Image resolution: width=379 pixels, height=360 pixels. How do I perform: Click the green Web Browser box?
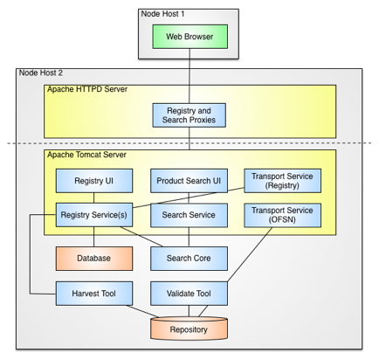(189, 36)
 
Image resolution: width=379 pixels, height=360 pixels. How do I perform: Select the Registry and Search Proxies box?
(189, 114)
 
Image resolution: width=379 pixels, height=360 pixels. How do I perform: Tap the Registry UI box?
(94, 181)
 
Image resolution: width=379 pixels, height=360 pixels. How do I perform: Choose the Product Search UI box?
(189, 181)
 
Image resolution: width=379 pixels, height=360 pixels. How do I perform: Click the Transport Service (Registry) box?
(281, 181)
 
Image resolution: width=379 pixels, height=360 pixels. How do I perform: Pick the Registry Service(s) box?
(94, 215)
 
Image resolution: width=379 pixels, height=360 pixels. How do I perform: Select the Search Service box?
(189, 215)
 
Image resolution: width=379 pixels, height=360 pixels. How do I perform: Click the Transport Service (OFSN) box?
(281, 215)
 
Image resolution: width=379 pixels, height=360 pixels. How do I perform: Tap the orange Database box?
(94, 258)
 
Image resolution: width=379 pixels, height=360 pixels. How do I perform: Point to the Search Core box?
(189, 258)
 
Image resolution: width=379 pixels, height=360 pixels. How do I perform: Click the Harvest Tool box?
(94, 293)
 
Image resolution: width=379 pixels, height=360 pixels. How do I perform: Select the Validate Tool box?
(189, 293)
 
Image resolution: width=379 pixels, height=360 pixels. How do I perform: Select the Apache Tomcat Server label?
(87, 156)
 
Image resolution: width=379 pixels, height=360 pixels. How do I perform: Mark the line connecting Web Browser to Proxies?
(189, 74)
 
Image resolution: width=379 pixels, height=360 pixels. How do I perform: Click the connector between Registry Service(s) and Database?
(94, 237)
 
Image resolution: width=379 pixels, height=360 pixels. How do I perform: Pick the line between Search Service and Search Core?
(189, 237)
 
